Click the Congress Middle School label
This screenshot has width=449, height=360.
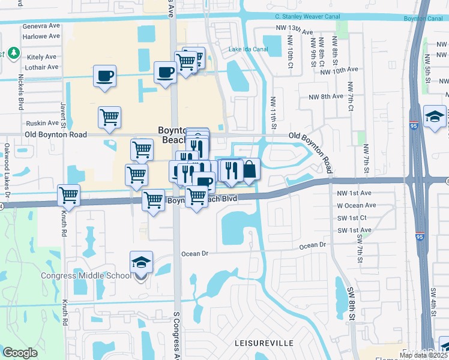[85, 276]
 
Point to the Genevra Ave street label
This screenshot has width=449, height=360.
[41, 26]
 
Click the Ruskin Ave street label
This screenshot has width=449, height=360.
[43, 122]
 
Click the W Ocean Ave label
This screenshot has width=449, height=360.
[357, 206]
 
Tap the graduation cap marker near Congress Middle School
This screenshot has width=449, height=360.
[141, 262]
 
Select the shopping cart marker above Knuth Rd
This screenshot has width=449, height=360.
[69, 195]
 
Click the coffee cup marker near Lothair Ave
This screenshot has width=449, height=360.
[105, 76]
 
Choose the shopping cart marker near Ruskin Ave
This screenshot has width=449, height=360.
[110, 117]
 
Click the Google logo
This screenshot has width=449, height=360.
[20, 353]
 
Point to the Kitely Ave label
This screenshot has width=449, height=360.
[41, 57]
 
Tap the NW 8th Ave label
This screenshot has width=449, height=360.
[326, 97]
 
